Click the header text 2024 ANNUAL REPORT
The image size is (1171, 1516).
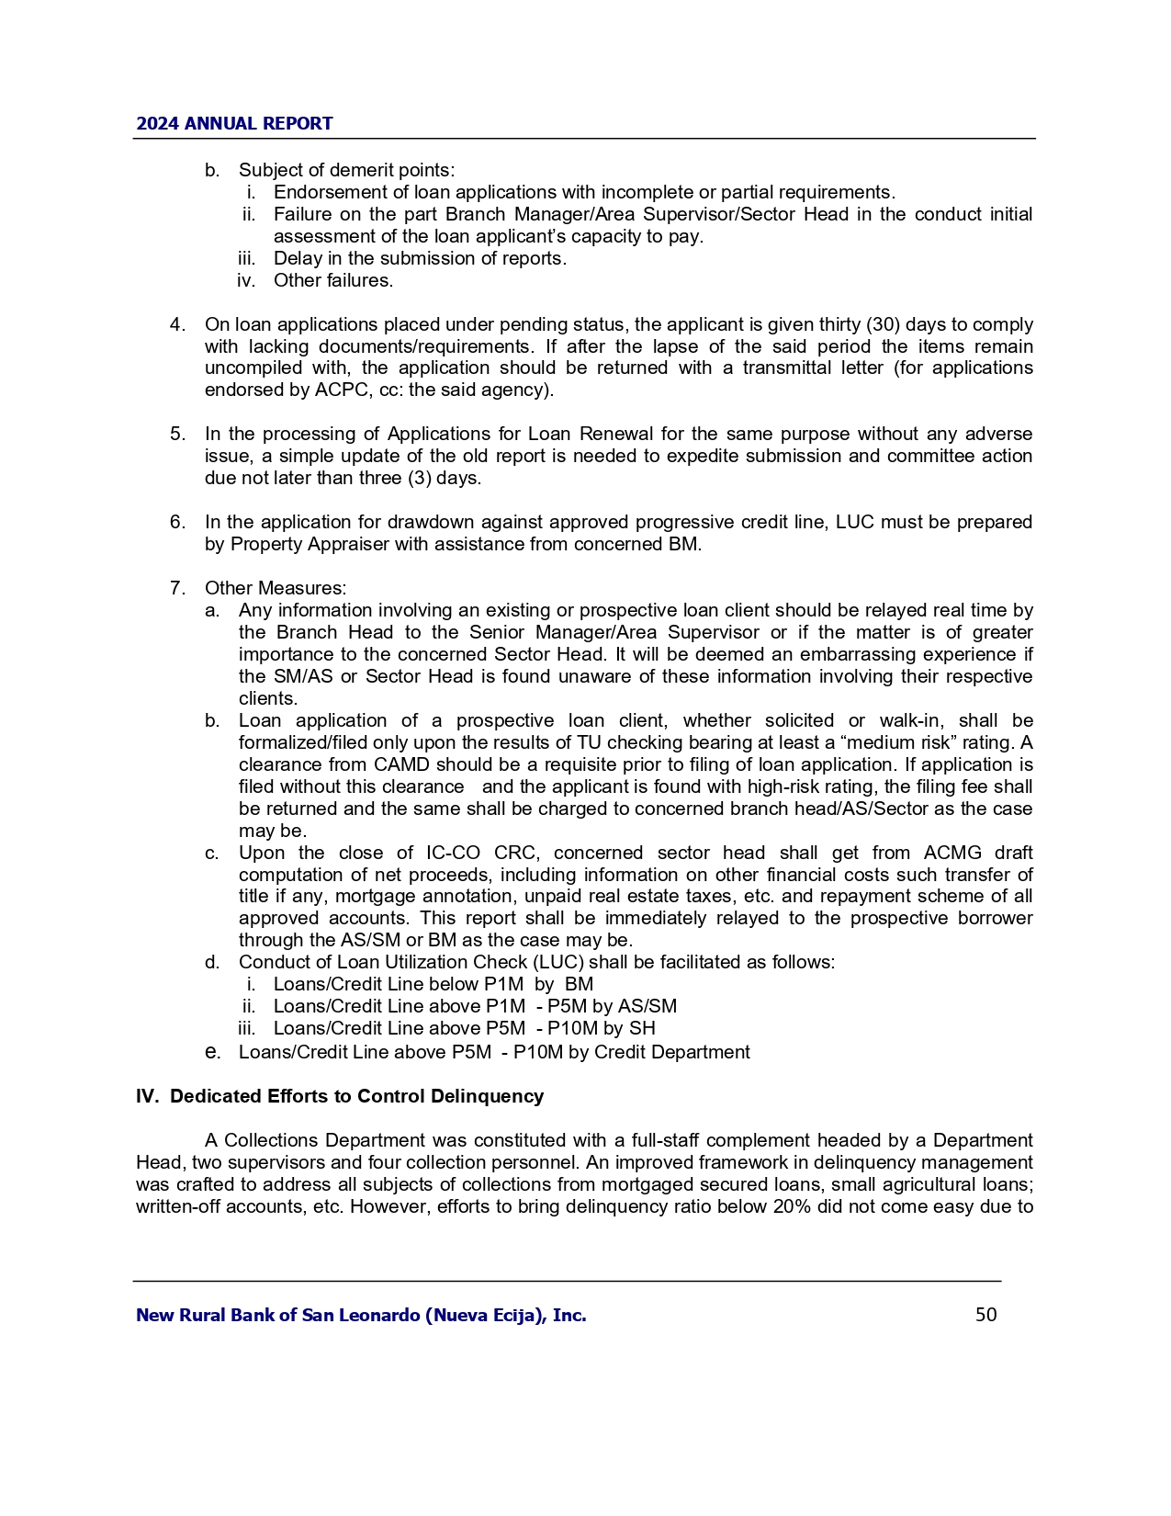(x=234, y=124)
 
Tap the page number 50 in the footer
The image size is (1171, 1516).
(x=985, y=1315)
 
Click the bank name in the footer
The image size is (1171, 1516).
(x=361, y=1316)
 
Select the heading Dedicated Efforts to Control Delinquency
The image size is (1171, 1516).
(x=356, y=1096)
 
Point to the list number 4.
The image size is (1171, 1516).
(x=177, y=324)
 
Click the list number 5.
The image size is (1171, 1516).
(x=177, y=434)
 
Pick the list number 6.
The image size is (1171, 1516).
(x=177, y=522)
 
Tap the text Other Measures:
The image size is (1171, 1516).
(x=276, y=588)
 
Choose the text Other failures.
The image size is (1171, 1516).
(x=333, y=280)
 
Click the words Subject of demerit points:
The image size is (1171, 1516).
(x=346, y=170)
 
